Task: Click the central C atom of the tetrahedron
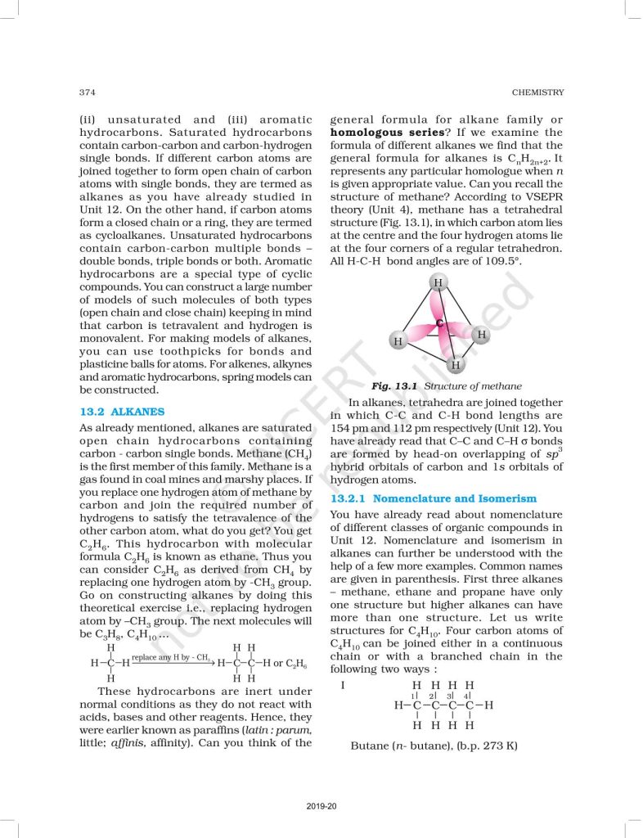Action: pos(439,323)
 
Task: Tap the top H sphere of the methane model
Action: pos(438,283)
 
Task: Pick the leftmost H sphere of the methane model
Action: pos(398,340)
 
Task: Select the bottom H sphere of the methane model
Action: pos(456,364)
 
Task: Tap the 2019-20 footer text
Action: pos(321,806)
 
